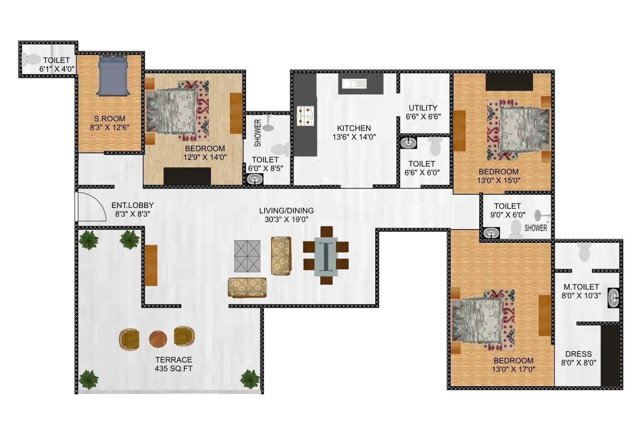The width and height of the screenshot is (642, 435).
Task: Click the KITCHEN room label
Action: pyautogui.click(x=354, y=128)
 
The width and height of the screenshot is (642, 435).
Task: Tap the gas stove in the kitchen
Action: pyautogui.click(x=306, y=116)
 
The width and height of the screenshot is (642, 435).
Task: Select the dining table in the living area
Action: pyautogui.click(x=326, y=256)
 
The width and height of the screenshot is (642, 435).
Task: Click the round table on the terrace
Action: pyautogui.click(x=158, y=339)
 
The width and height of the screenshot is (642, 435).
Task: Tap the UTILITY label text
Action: pyautogui.click(x=423, y=108)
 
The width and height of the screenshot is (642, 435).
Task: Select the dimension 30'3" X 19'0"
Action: pyautogui.click(x=286, y=220)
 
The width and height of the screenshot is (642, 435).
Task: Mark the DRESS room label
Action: pyautogui.click(x=578, y=354)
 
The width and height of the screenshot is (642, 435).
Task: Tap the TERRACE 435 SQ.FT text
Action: pyautogui.click(x=174, y=364)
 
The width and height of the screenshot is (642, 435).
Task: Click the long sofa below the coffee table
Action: pyautogui.click(x=247, y=288)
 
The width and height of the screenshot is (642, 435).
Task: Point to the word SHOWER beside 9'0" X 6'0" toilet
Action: pyautogui.click(x=536, y=228)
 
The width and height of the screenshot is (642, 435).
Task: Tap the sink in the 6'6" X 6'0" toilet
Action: pyautogui.click(x=408, y=143)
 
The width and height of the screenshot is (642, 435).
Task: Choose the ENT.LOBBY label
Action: pyautogui.click(x=133, y=205)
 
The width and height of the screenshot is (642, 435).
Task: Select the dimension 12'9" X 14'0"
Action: pyautogui.click(x=205, y=157)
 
